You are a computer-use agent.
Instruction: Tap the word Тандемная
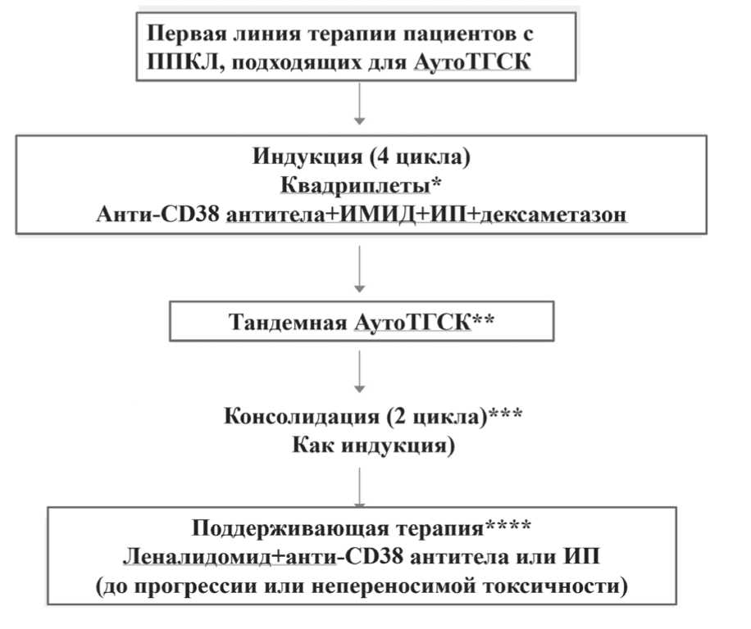tap(291, 323)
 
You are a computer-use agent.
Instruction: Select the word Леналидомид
tap(191, 557)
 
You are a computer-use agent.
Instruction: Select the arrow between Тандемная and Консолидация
tap(358, 370)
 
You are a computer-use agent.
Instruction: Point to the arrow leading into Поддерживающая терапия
tap(358, 486)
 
